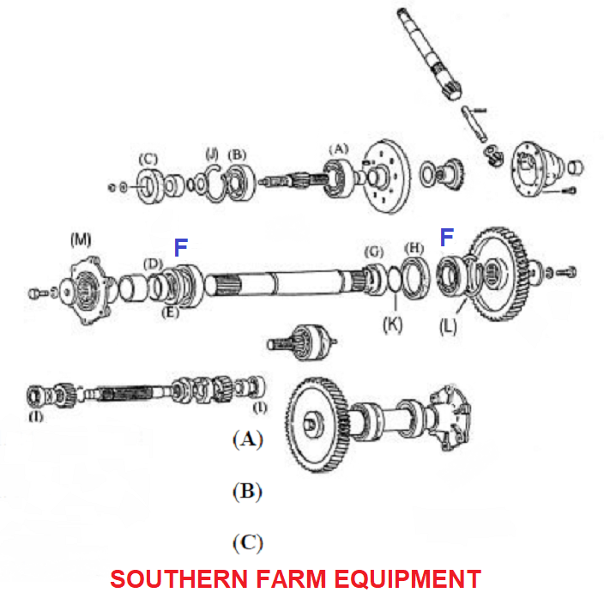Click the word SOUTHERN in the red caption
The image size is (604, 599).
[178, 578]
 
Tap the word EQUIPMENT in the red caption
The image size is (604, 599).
[408, 578]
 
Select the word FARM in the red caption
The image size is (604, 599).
[291, 578]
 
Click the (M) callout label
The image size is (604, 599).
[81, 240]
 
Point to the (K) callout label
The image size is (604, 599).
[393, 324]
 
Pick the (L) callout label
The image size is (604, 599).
[448, 327]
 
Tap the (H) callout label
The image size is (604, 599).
[414, 249]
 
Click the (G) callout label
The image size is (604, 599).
[374, 252]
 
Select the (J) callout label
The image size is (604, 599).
[212, 154]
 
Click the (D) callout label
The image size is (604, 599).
[154, 264]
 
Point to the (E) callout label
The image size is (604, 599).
[170, 312]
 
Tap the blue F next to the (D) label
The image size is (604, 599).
[181, 247]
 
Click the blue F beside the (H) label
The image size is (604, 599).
[447, 237]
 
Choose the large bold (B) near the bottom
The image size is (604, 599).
[248, 492]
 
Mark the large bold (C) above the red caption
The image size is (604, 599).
[248, 543]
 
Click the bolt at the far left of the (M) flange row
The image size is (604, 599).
[38, 293]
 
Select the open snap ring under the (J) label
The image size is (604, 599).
[214, 182]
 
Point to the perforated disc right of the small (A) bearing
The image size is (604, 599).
[387, 176]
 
